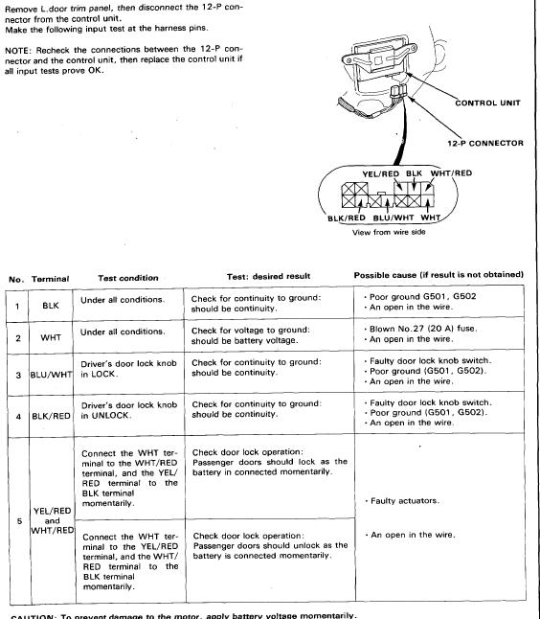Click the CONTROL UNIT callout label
(x=487, y=103)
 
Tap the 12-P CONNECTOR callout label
(x=485, y=144)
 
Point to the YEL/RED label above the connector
(x=381, y=173)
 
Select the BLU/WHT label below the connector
(x=394, y=218)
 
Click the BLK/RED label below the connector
(x=347, y=218)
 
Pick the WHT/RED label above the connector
(x=451, y=172)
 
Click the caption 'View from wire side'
(x=389, y=232)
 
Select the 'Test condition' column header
(x=128, y=278)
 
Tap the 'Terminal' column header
(x=50, y=279)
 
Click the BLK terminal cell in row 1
(x=51, y=305)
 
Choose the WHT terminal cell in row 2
(x=51, y=337)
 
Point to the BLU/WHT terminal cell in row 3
(x=52, y=375)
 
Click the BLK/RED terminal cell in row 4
(x=52, y=416)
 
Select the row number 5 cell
(x=19, y=521)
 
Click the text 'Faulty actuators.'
(x=405, y=500)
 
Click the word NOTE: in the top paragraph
(x=17, y=51)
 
